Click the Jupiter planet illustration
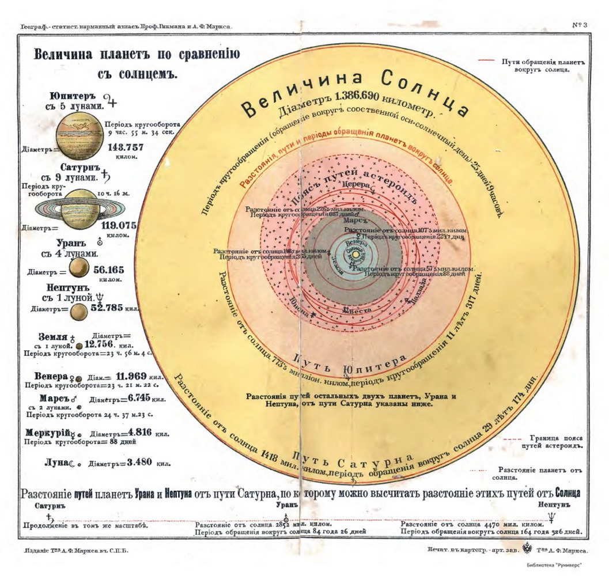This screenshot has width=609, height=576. click(80, 132)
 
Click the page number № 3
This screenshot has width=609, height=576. click(579, 25)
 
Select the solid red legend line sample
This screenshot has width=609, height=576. click(486, 59)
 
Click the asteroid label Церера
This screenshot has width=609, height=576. click(354, 184)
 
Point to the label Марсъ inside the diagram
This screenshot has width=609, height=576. click(353, 221)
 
